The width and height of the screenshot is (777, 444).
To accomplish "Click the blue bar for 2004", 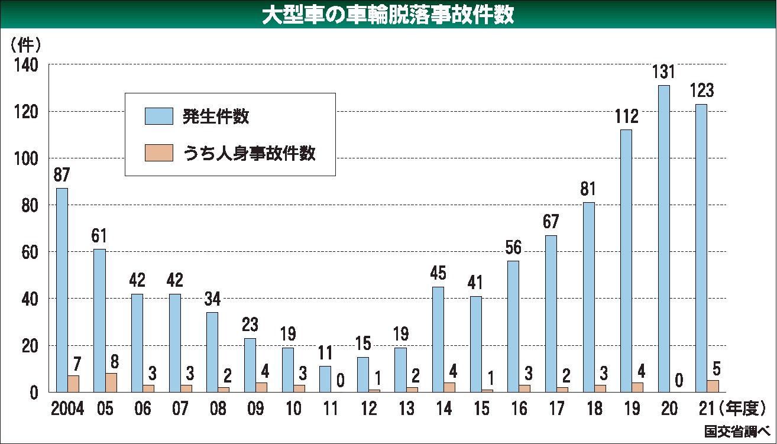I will pyautogui.click(x=61, y=290).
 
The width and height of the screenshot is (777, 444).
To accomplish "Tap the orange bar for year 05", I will pyautogui.click(x=111, y=383).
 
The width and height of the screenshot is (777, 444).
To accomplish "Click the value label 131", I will pyautogui.click(x=663, y=72).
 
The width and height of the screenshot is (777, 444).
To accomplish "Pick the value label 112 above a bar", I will pyautogui.click(x=626, y=116).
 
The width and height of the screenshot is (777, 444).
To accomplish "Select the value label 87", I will pyautogui.click(x=61, y=175).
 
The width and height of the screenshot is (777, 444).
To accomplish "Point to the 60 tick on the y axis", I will pyautogui.click(x=30, y=252).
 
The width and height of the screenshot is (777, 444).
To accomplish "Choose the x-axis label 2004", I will pyautogui.click(x=68, y=409).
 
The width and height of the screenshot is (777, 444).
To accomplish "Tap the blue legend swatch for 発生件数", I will pyautogui.click(x=159, y=116).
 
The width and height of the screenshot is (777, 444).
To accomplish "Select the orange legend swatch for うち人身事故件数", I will pyautogui.click(x=159, y=154).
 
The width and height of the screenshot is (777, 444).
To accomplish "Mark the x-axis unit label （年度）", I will pyautogui.click(x=742, y=409).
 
